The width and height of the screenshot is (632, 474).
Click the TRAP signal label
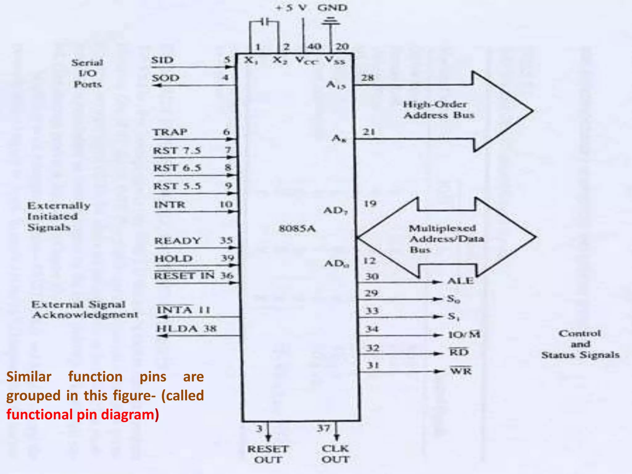click(x=170, y=132)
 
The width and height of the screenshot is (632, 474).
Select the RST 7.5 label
click(x=177, y=151)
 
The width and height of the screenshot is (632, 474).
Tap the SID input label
click(x=162, y=60)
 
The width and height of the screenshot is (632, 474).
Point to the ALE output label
click(x=460, y=281)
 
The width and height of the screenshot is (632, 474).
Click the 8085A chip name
click(x=297, y=229)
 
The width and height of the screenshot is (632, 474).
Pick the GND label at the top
click(x=332, y=7)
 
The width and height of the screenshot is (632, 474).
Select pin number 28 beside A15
click(x=368, y=77)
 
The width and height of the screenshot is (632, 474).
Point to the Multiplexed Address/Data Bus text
click(x=446, y=239)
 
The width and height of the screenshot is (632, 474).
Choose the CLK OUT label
click(x=335, y=454)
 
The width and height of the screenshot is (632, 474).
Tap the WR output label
click(x=461, y=370)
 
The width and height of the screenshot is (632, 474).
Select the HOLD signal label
click(x=173, y=259)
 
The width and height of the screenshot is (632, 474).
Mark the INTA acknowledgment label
click(x=174, y=310)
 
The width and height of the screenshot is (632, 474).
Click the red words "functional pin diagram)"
click(x=83, y=414)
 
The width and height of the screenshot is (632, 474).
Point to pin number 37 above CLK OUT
click(x=323, y=428)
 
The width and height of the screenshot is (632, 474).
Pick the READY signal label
click(x=177, y=240)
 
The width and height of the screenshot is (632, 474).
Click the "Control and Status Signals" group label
click(x=580, y=344)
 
